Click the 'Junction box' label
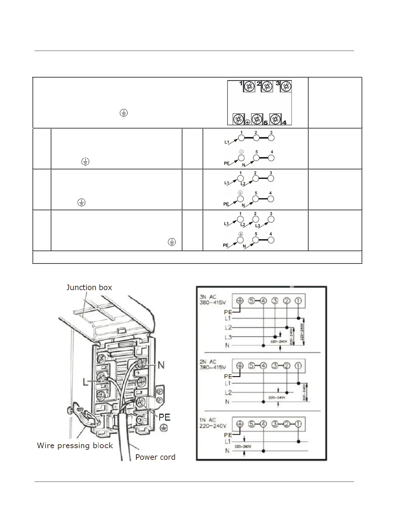(89, 288)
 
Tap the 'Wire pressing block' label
(75, 446)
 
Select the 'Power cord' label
(155, 457)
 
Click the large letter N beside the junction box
(161, 365)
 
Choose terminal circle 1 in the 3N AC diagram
(298, 301)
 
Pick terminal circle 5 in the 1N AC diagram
(251, 424)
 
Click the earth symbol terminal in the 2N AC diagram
(239, 366)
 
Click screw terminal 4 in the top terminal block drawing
(275, 119)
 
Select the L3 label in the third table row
(257, 226)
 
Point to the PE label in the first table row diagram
(227, 164)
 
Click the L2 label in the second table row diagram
(243, 184)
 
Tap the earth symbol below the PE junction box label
(164, 428)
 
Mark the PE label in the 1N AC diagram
(228, 435)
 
